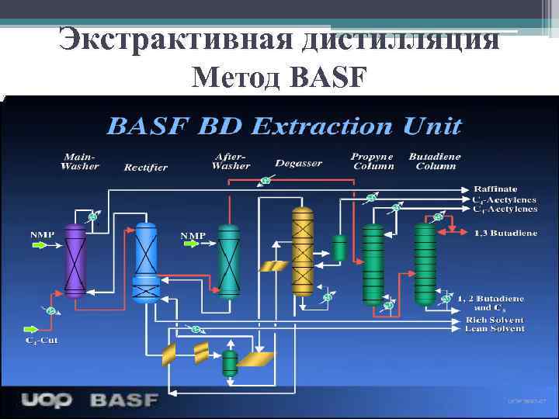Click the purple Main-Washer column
pyautogui.click(x=75, y=261)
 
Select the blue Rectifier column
pyautogui.click(x=146, y=261)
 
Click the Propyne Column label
pyautogui.click(x=373, y=161)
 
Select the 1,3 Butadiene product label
pyautogui.click(x=505, y=232)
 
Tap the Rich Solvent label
pyautogui.click(x=495, y=320)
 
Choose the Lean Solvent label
pyautogui.click(x=495, y=329)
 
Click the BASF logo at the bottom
pyautogui.click(x=124, y=400)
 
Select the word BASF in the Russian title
pyautogui.click(x=325, y=77)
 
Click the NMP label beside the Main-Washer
pyautogui.click(x=42, y=234)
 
